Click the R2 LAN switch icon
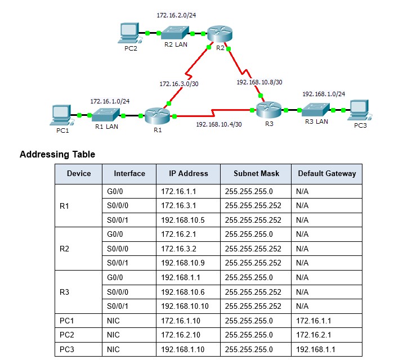coord(176,33)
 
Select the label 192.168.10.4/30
coord(219,124)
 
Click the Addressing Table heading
coord(57,154)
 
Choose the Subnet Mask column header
coord(256,173)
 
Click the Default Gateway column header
coord(326,173)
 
